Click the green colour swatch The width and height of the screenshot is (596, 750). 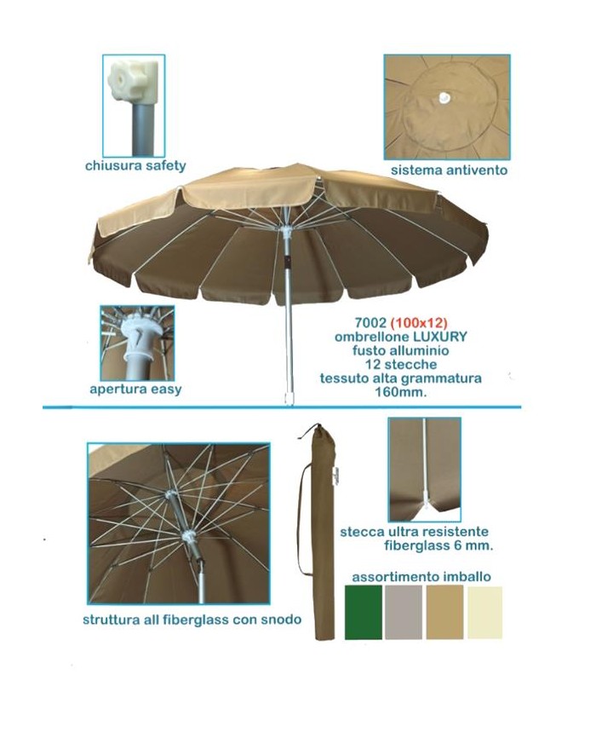point(364,613)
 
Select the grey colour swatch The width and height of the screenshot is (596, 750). point(404,613)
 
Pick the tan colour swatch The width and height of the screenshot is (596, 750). point(444,613)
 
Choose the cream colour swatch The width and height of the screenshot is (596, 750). point(484,613)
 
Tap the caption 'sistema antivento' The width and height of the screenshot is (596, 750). point(449,170)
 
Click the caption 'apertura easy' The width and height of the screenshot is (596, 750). point(135,389)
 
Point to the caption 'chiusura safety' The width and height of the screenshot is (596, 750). point(135,166)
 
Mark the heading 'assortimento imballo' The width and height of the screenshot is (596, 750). point(421,577)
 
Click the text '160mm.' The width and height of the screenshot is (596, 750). point(401,392)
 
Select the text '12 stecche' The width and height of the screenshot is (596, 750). point(401,365)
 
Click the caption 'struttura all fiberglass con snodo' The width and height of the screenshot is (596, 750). point(192,620)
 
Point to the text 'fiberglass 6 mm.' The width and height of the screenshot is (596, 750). point(438,545)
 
